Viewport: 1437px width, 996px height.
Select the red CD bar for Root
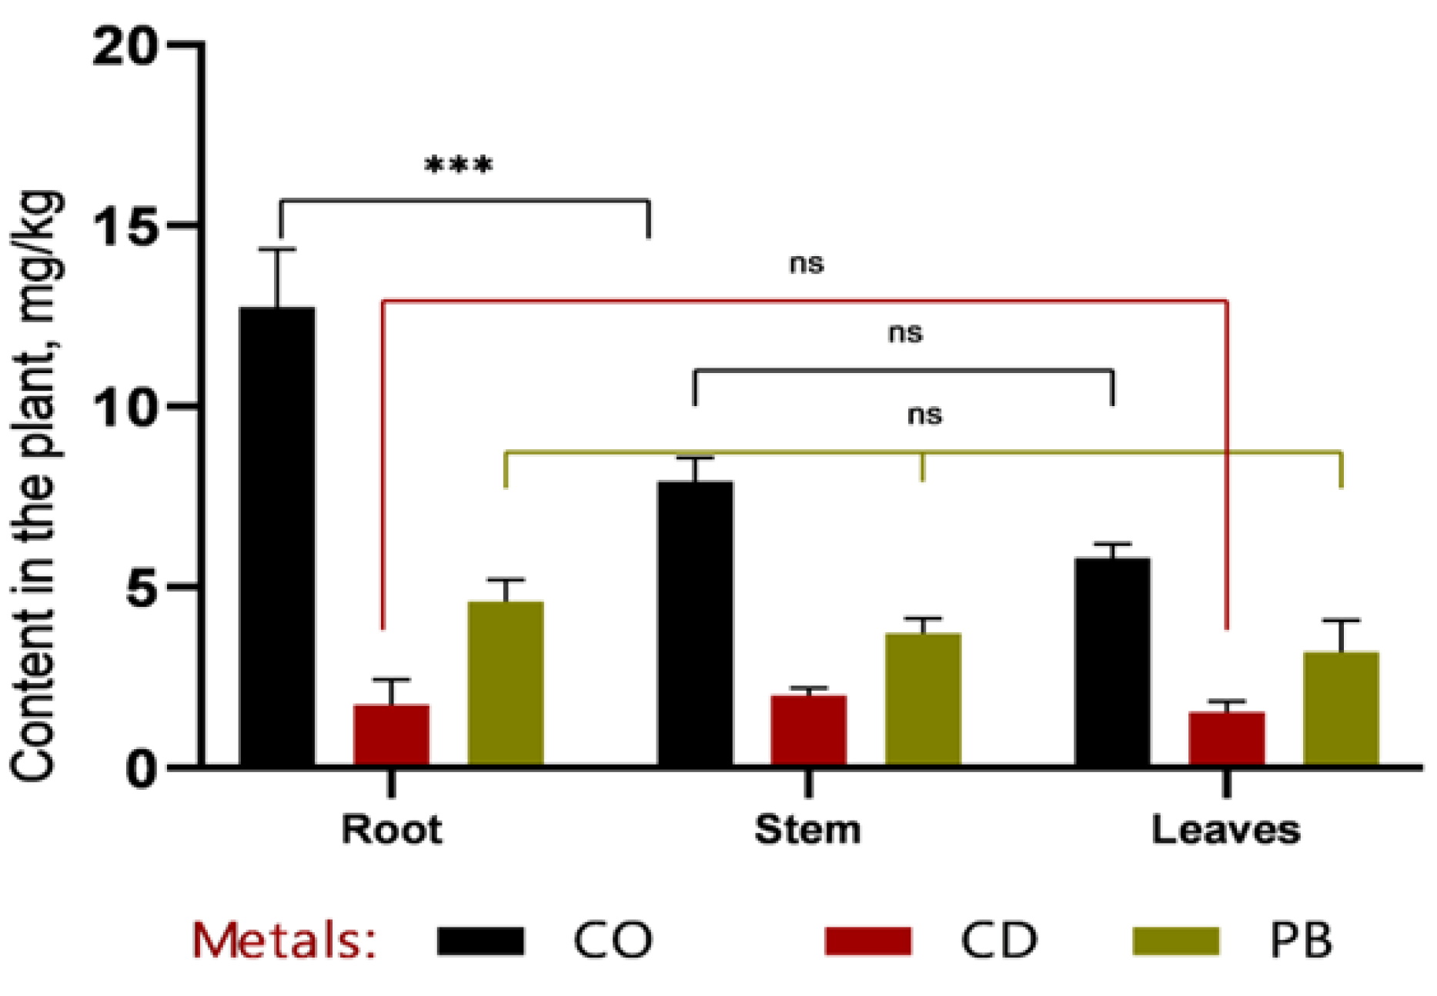tap(391, 735)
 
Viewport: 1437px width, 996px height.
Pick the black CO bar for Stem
tap(695, 623)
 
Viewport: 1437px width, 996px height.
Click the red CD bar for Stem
tap(808, 730)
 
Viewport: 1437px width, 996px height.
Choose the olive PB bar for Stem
tap(923, 699)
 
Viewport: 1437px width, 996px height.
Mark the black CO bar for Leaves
tap(1112, 661)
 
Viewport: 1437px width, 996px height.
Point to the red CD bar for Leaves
tap(1226, 738)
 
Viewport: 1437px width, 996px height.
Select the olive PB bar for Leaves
tap(1341, 708)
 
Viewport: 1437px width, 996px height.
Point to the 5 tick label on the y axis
tap(142, 588)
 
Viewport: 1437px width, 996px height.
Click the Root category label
tap(392, 830)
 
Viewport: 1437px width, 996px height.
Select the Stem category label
tap(807, 830)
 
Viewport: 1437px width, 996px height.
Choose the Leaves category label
tap(1225, 830)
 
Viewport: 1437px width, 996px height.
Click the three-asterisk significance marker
tap(459, 165)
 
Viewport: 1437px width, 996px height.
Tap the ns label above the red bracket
tap(807, 264)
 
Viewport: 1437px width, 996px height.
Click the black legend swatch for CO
tap(480, 941)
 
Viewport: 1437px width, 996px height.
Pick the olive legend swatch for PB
tap(1175, 941)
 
